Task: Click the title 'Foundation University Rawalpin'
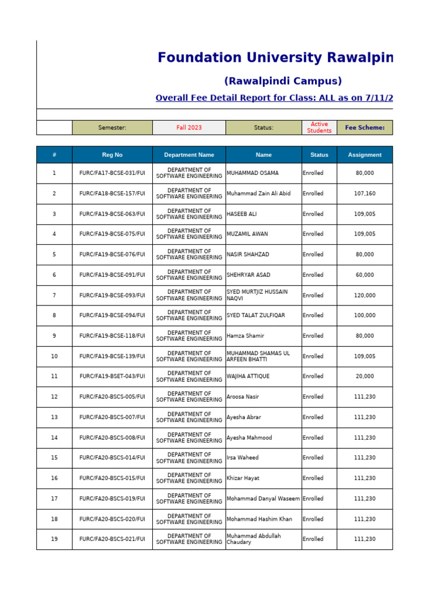click(x=275, y=58)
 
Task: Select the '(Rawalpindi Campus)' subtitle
click(x=283, y=81)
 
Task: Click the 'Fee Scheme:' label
click(x=365, y=128)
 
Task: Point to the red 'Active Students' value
click(x=319, y=128)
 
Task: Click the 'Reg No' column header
click(x=112, y=155)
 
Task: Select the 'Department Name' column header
click(x=189, y=155)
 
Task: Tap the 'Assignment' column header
click(x=365, y=155)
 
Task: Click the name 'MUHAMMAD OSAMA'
click(x=253, y=173)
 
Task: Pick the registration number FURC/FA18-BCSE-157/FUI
click(x=112, y=194)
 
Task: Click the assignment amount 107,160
click(x=365, y=194)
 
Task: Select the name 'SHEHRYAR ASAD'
click(x=249, y=275)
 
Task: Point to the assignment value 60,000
click(x=365, y=275)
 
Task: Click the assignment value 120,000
click(x=365, y=295)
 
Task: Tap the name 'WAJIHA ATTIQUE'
click(x=248, y=377)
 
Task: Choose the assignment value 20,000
click(x=365, y=377)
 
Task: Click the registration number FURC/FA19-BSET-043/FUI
click(x=112, y=377)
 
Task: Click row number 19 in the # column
click(x=54, y=539)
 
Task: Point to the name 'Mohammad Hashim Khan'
click(x=260, y=519)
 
